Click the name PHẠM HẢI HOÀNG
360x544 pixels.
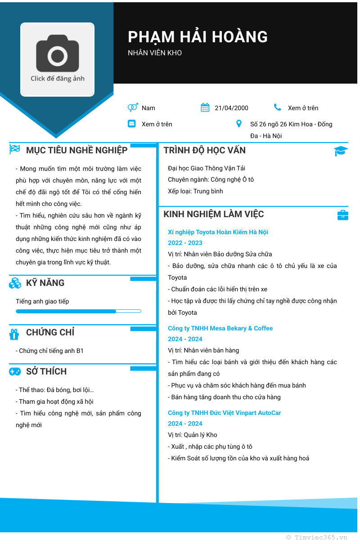(198, 37)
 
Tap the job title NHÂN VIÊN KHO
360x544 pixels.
(155, 53)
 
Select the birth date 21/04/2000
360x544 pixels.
(231, 108)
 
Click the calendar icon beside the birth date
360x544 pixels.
(205, 107)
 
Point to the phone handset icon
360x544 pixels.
(278, 107)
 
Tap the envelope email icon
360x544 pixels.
(132, 124)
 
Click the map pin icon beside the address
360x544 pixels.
(239, 124)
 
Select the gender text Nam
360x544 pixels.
(148, 108)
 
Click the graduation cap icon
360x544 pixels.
(341, 151)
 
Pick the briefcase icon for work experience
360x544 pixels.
(343, 215)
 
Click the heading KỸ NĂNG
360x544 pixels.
(45, 283)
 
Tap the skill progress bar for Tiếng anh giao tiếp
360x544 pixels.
(78, 311)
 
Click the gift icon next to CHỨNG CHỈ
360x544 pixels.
(14, 334)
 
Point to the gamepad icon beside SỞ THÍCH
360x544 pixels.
(15, 372)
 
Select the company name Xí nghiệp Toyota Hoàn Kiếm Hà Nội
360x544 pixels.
(218, 232)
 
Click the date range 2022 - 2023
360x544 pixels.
(185, 243)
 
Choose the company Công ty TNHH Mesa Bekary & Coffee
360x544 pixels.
(220, 329)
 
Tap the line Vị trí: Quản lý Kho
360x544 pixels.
(193, 435)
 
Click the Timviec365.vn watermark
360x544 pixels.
(317, 537)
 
